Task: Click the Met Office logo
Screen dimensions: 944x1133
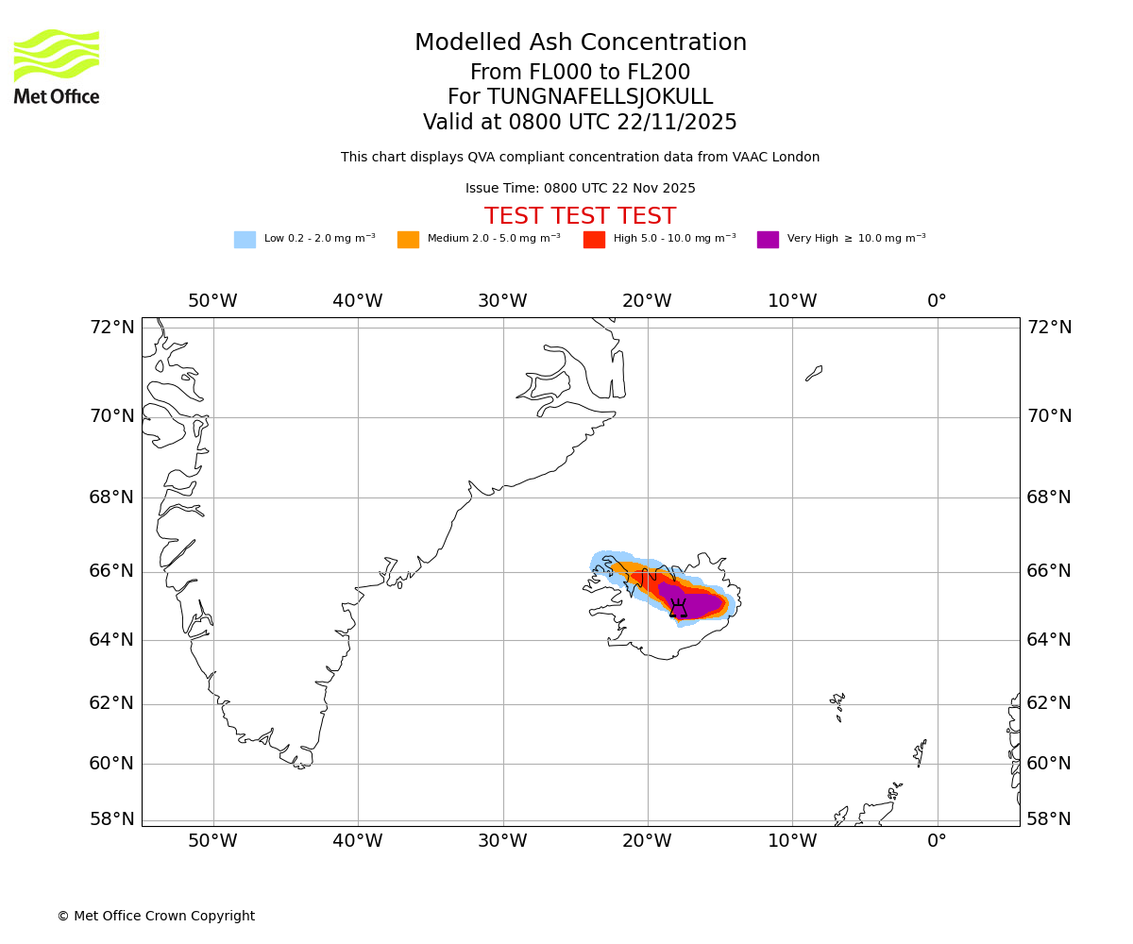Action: click(x=57, y=67)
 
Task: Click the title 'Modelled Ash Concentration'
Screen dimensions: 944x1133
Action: click(x=581, y=43)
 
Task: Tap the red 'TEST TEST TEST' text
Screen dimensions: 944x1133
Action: click(x=580, y=216)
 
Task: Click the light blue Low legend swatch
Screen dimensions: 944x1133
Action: click(x=245, y=240)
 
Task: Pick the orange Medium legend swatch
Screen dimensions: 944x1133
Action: click(x=408, y=240)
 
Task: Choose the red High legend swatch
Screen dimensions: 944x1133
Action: click(x=594, y=240)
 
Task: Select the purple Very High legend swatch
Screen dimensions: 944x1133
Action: click(x=768, y=240)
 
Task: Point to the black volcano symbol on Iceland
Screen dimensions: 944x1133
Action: click(x=678, y=609)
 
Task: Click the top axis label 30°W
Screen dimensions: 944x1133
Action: click(x=502, y=301)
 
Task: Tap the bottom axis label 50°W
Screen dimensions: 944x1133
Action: click(x=212, y=841)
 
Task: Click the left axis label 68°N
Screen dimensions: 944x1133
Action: click(x=111, y=497)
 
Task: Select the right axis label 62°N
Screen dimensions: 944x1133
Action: click(x=1049, y=703)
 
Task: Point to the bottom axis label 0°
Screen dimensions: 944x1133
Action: click(x=937, y=841)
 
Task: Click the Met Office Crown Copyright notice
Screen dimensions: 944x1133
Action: click(x=156, y=917)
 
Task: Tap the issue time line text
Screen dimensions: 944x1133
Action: click(x=580, y=189)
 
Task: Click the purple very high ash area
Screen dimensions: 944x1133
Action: click(x=699, y=602)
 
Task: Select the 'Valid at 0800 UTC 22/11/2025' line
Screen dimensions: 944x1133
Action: click(x=580, y=123)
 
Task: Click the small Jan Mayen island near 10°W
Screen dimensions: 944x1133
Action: click(x=814, y=373)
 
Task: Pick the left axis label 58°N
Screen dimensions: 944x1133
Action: click(x=111, y=819)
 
